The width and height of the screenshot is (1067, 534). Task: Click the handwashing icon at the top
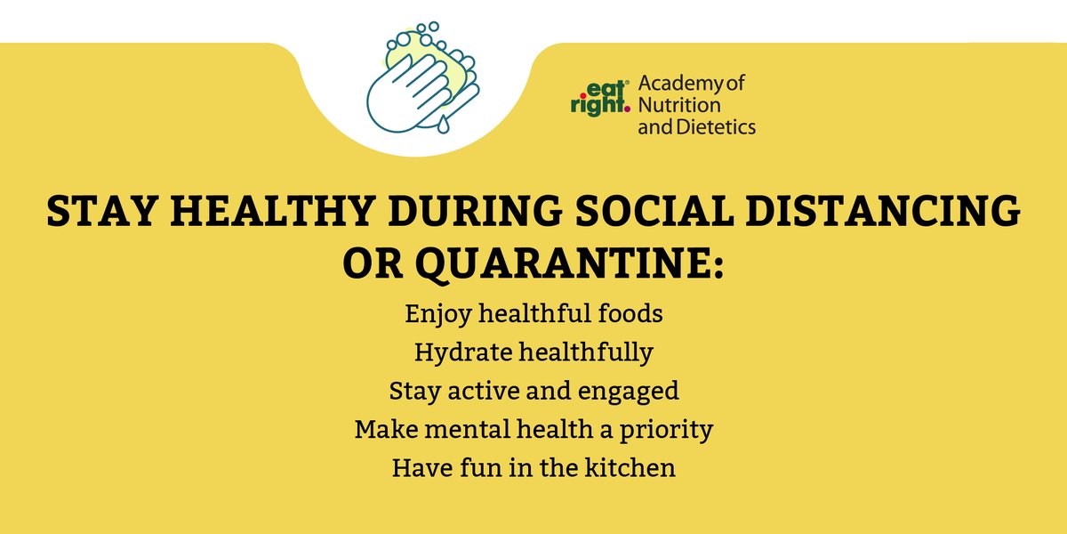422,80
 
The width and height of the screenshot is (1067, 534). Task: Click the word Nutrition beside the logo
674,106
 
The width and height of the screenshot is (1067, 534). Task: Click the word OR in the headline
375,263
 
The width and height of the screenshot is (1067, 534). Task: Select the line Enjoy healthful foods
533,314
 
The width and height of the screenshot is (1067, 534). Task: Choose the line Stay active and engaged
533,392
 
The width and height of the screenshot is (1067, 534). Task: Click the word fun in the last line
474,468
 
